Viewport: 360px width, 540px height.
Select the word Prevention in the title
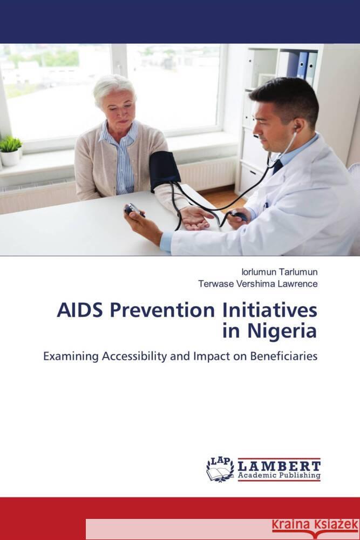[154, 312]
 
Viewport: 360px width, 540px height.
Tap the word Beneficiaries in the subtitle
[280, 356]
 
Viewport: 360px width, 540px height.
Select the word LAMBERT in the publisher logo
[280, 465]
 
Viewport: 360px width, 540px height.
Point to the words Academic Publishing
[280, 476]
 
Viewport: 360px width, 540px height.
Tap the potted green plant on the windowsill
[10, 148]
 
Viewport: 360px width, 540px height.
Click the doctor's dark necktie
[277, 166]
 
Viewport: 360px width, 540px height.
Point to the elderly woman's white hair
[113, 87]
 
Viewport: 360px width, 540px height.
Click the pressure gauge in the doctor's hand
[134, 210]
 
